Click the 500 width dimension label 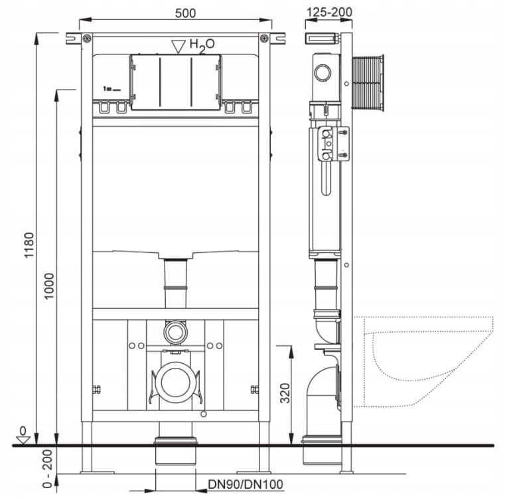click(185, 13)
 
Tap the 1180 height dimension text click(29, 245)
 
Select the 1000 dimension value click(49, 286)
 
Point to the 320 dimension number click(285, 393)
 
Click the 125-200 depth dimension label click(329, 12)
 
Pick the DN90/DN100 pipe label click(246, 484)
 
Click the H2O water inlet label click(202, 45)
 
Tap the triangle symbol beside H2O click(178, 46)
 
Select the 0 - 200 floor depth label click(47, 469)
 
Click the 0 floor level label click(23, 431)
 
